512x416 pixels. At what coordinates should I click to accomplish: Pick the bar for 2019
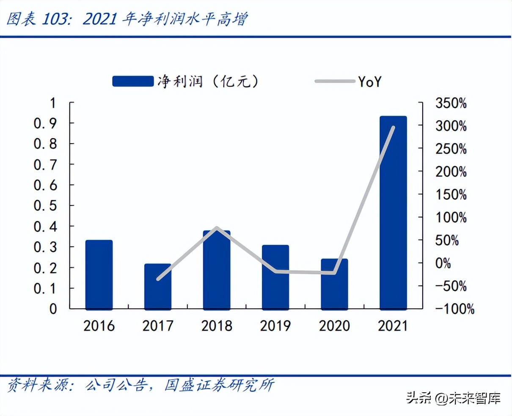tap(275, 277)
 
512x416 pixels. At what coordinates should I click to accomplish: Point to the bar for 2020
tap(334, 284)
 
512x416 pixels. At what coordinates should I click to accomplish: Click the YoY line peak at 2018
tap(217, 228)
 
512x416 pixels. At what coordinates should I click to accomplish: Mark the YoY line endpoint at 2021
tap(393, 128)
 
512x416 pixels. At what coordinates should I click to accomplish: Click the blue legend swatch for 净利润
tap(133, 81)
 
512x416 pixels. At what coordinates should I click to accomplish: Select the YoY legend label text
tap(369, 81)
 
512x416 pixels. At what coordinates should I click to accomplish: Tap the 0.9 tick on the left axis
tap(45, 123)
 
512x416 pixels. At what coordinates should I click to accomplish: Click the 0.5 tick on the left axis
tap(45, 206)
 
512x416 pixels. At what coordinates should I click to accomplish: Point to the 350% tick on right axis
tap(451, 103)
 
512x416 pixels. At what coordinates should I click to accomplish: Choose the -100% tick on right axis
tap(454, 309)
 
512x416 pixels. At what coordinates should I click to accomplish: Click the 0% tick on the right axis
tap(443, 263)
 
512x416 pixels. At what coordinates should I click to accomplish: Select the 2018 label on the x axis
tap(217, 326)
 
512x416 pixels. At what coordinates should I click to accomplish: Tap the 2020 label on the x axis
tap(334, 326)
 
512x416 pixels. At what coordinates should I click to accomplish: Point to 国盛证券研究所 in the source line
tap(219, 385)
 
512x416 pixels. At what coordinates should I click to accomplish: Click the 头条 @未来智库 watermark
tap(453, 398)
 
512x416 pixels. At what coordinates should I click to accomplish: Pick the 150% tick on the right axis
tap(451, 195)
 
